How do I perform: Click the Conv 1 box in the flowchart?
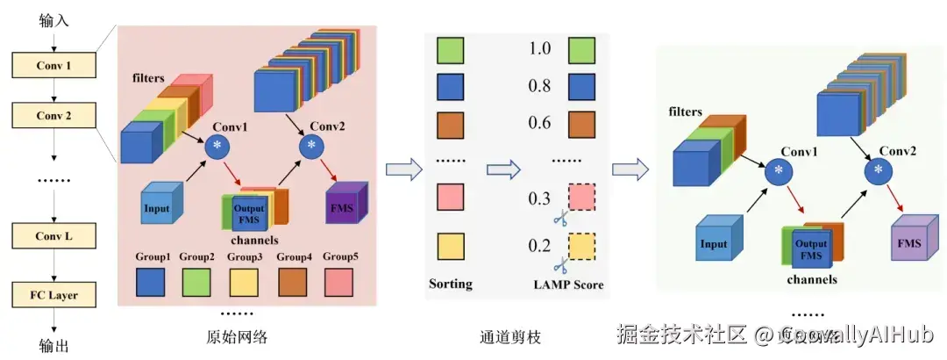point(53,65)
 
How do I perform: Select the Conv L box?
point(53,234)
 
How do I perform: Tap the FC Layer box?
point(53,295)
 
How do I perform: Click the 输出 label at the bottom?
point(53,345)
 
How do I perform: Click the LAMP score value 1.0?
point(539,49)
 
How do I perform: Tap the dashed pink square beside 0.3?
point(584,197)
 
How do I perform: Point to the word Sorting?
point(451,284)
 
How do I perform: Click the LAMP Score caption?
point(568,284)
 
